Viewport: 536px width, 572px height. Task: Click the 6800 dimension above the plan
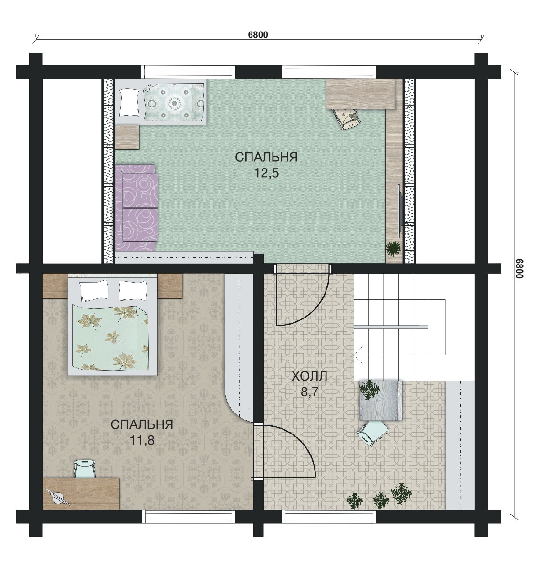(x=258, y=35)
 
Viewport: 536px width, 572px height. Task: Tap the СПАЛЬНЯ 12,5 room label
(x=266, y=165)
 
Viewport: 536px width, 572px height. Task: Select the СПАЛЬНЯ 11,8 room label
(x=142, y=432)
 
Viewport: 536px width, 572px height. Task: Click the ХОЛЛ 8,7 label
(x=310, y=384)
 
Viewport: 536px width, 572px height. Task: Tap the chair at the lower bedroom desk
(x=84, y=468)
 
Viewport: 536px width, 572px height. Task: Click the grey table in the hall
(x=381, y=401)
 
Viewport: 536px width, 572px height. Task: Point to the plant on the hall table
(x=370, y=389)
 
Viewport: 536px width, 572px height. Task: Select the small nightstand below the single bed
(x=127, y=137)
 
